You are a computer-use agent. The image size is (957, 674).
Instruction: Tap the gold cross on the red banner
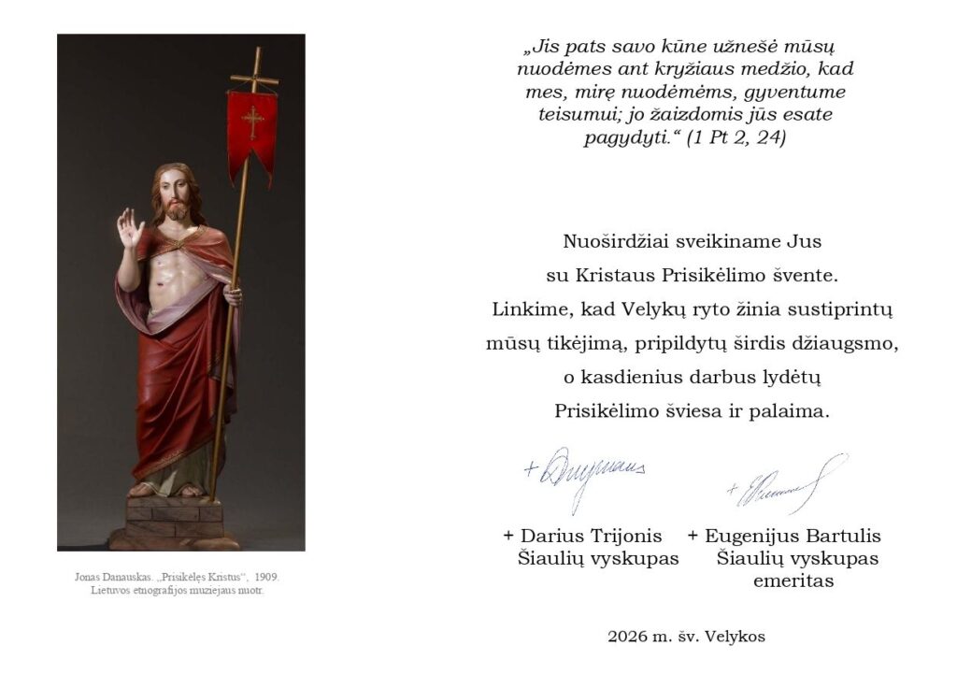pos(251,121)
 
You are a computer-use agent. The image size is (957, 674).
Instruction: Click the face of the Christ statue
pos(174,195)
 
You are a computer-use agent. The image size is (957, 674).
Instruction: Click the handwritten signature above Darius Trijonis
pos(585,471)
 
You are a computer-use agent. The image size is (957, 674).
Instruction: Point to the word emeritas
pos(793,581)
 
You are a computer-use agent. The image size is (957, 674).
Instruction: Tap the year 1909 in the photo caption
pos(265,577)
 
